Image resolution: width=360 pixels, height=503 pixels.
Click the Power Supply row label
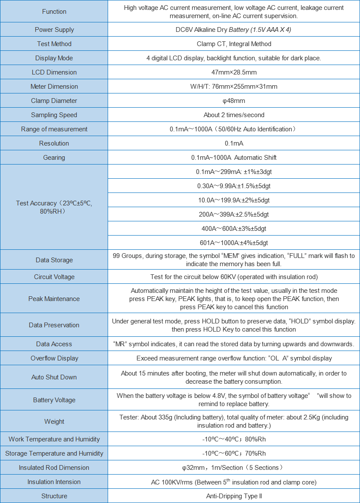click(x=54, y=30)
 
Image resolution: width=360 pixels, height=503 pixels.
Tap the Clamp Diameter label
click(x=54, y=101)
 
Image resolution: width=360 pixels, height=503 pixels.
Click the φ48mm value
click(x=234, y=101)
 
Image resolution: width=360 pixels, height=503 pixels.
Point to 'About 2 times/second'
click(x=234, y=115)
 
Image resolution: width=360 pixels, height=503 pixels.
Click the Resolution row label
click(x=54, y=143)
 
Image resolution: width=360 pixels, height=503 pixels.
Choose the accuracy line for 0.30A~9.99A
click(x=234, y=186)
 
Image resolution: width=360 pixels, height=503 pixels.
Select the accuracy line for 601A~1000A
click(x=234, y=243)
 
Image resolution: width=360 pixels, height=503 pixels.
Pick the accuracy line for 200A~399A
click(x=234, y=214)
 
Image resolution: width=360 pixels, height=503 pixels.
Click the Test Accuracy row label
click(x=54, y=207)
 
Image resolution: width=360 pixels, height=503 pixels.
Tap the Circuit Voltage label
click(x=54, y=277)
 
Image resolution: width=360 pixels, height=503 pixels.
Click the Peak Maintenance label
click(x=54, y=299)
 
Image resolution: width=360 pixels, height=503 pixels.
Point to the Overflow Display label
click(x=54, y=358)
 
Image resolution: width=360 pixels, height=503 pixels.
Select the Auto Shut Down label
click(x=54, y=377)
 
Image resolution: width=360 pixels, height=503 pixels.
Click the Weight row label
click(x=54, y=422)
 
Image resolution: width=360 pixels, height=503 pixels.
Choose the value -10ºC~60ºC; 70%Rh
click(x=234, y=453)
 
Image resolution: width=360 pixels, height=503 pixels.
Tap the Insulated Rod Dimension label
click(x=54, y=468)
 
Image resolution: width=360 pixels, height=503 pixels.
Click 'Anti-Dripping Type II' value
click(x=234, y=496)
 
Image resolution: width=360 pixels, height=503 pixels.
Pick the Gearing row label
click(x=54, y=158)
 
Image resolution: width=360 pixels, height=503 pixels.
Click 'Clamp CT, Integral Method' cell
click(x=234, y=44)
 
